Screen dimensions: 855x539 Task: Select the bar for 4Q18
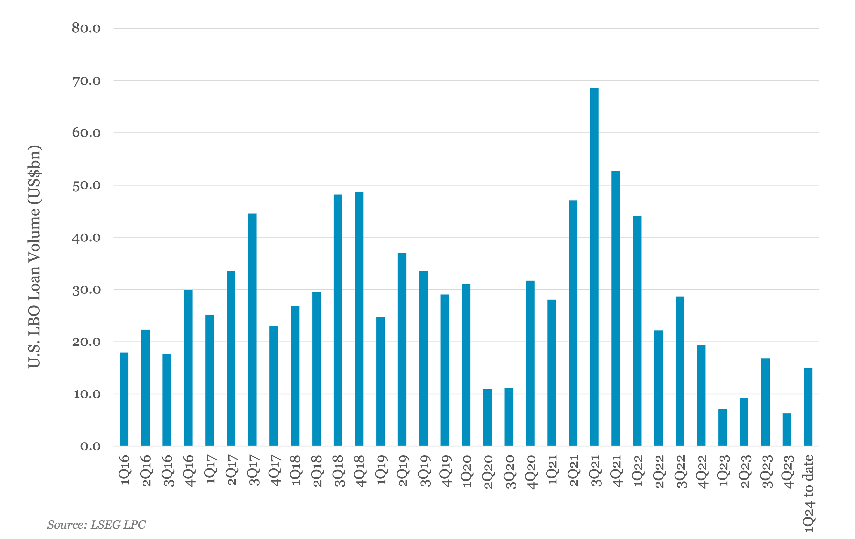(359, 319)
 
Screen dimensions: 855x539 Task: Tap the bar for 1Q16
(124, 399)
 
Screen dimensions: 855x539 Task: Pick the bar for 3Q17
(252, 330)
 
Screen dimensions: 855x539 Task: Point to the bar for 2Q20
(487, 418)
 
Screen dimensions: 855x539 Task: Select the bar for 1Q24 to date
(808, 407)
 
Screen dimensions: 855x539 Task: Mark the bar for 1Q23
(723, 428)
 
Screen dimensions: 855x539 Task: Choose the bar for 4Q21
(616, 308)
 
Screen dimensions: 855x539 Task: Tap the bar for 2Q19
(402, 349)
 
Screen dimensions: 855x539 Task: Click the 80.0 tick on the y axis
(86, 28)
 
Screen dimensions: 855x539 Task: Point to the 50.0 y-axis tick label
(86, 185)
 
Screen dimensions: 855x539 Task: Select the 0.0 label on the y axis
(90, 446)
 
